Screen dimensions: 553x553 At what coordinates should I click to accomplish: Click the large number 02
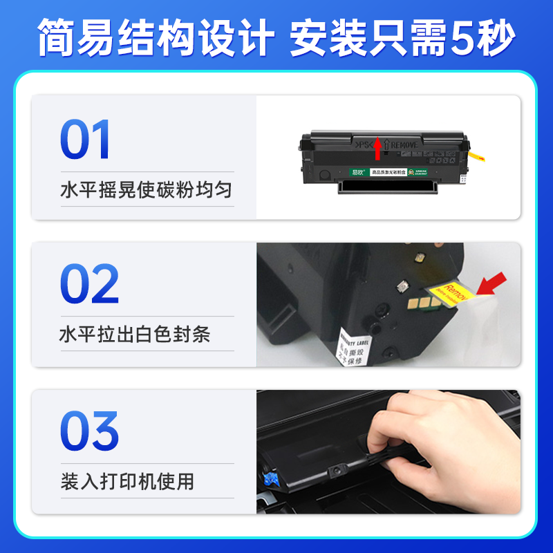(x=89, y=285)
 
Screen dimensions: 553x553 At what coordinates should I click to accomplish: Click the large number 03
(x=89, y=431)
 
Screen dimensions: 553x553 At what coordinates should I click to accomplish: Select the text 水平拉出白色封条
(x=135, y=335)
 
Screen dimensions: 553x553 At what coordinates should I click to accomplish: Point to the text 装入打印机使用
(x=126, y=481)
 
